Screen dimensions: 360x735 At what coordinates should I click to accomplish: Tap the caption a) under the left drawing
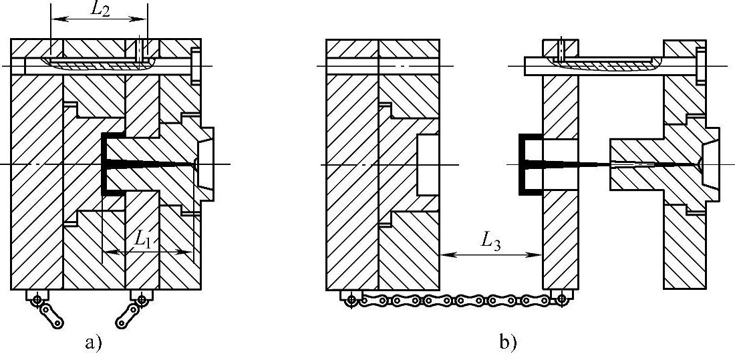[x=93, y=343]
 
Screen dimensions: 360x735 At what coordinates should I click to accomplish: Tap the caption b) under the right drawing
[x=507, y=343]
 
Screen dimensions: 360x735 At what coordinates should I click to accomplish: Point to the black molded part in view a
[x=106, y=164]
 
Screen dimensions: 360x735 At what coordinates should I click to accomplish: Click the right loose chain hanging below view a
[x=130, y=313]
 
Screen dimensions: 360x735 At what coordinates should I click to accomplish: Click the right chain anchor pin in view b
[x=561, y=299]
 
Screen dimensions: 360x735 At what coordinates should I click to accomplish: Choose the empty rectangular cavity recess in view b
[x=428, y=164]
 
